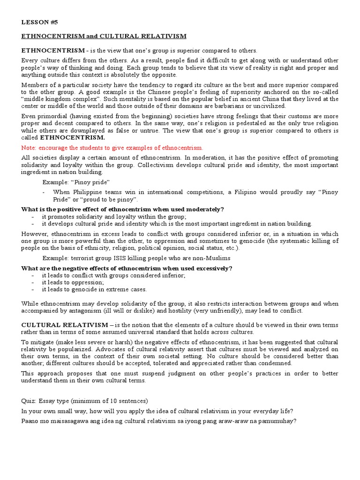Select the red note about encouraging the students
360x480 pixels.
[112, 147]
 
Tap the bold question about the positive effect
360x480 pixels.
[123, 209]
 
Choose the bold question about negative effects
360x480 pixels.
[127, 268]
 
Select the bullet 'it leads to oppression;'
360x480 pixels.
[73, 282]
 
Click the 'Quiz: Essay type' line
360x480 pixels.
[84, 401]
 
